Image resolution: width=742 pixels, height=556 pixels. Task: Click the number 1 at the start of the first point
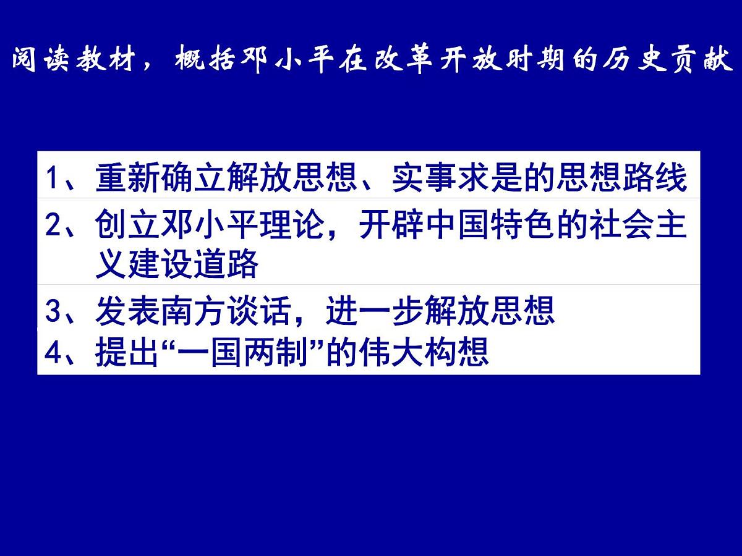53,179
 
